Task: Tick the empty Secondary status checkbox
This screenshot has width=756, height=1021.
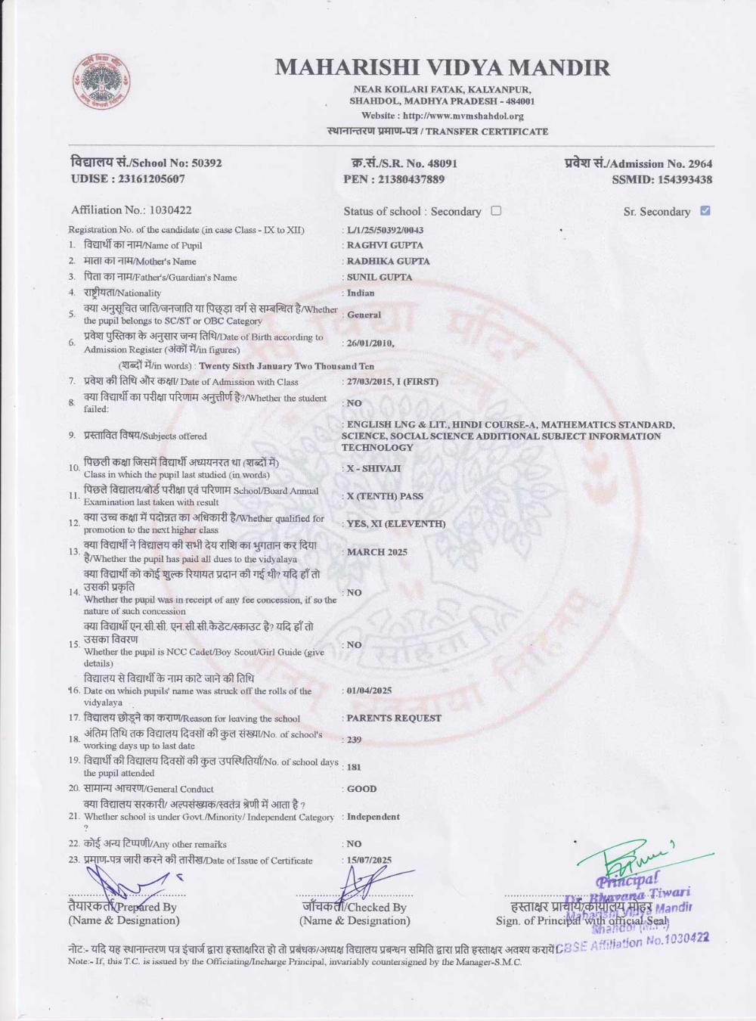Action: point(496,211)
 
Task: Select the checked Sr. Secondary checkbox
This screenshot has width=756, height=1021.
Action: point(705,211)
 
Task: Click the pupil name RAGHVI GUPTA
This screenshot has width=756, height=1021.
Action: point(385,245)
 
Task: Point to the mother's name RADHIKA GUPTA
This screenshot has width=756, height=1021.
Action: point(388,261)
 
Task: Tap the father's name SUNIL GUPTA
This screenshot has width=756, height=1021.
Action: point(380,277)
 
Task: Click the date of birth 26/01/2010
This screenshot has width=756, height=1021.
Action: point(370,343)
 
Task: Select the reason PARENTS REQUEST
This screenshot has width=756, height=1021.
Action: point(394,718)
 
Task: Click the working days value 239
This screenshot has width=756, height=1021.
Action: point(354,740)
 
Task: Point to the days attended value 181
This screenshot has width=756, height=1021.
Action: point(354,767)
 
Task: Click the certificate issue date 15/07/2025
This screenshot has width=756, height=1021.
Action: point(369,860)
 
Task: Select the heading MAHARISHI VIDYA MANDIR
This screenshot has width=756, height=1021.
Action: point(442,67)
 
